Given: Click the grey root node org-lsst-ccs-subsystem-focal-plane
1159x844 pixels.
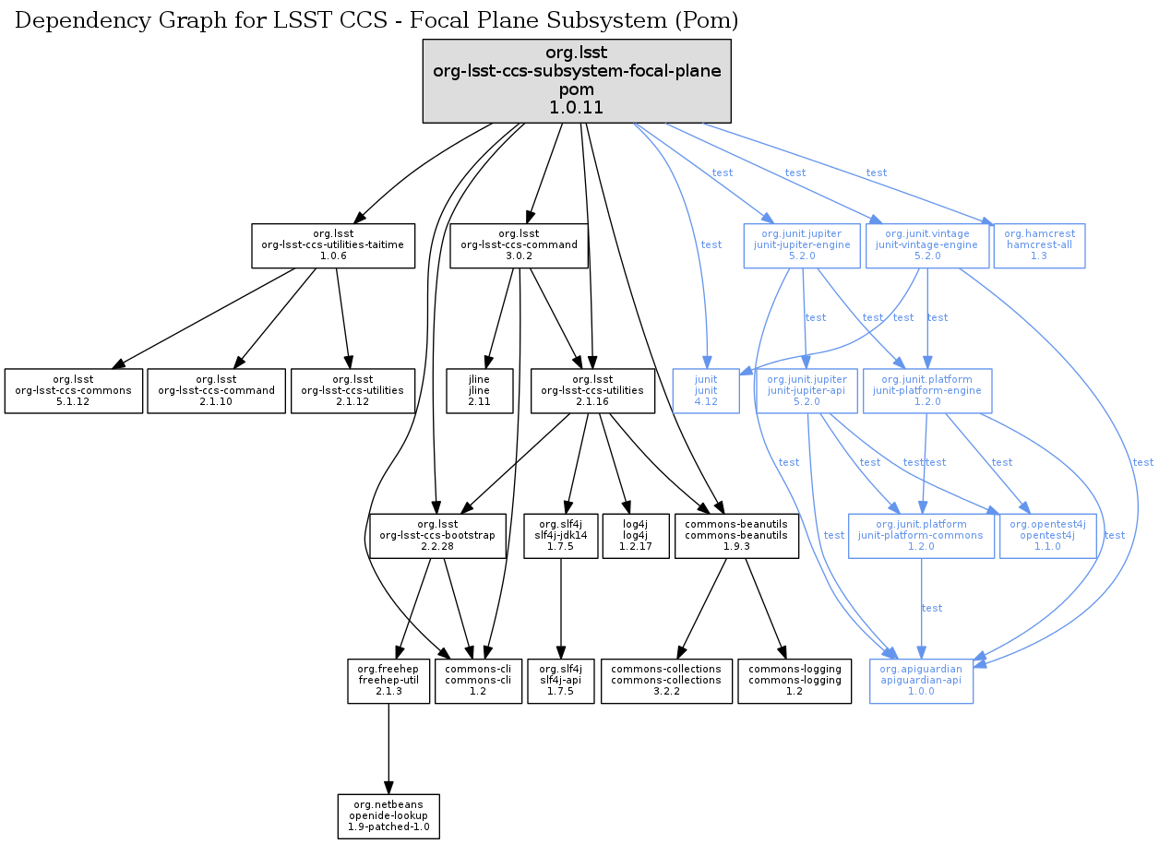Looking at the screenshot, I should pos(577,80).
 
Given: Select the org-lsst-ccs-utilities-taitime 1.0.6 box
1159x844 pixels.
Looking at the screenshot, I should pos(333,245).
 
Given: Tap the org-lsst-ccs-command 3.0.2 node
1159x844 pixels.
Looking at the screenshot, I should pos(519,245).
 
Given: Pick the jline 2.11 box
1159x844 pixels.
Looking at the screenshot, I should pos(479,391).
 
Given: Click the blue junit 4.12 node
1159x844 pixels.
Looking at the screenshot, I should pos(706,391).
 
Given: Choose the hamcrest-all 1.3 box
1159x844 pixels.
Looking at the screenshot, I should pos(1039,245).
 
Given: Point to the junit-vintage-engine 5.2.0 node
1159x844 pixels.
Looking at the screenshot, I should pos(926,245).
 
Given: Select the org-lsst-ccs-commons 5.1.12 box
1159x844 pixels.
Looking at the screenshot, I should pos(74,391).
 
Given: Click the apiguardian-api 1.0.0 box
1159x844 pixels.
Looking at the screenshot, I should pos(921,682).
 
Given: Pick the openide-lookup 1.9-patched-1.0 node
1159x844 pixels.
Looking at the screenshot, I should pos(388,816).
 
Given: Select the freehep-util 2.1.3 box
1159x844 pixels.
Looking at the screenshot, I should pos(388,682).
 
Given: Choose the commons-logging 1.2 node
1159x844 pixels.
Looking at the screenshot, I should pos(795,682).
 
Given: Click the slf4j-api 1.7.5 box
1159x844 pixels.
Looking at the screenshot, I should pos(560,682).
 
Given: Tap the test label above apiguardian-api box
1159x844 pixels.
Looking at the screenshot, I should pos(932,609).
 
